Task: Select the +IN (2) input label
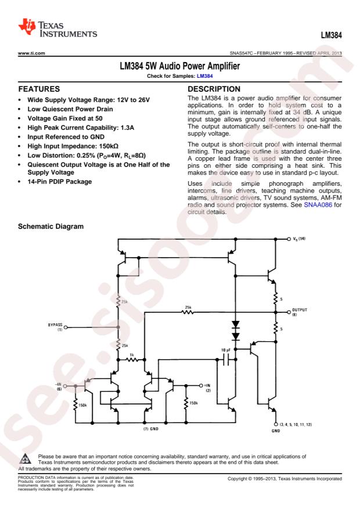tap(210, 387)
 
